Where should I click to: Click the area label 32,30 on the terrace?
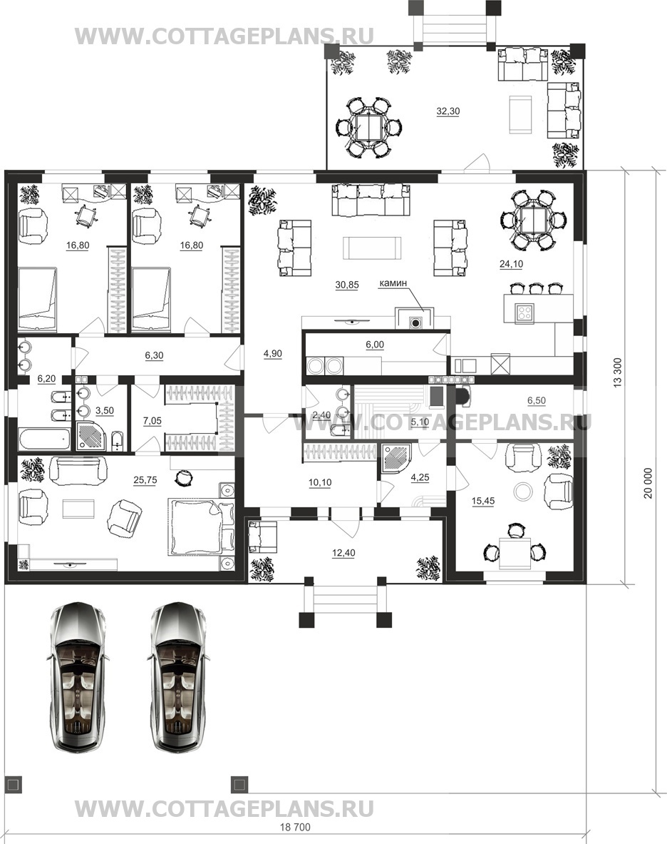(x=448, y=111)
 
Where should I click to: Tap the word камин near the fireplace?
(x=393, y=283)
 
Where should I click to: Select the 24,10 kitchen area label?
(x=511, y=264)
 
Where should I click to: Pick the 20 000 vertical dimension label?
(x=648, y=483)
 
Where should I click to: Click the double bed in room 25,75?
(x=201, y=526)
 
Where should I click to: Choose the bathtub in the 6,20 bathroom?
(x=44, y=439)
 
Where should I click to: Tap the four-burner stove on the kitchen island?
(x=524, y=313)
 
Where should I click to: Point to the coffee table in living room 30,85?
(x=373, y=248)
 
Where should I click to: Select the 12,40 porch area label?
(x=343, y=553)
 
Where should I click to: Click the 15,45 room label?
(x=482, y=501)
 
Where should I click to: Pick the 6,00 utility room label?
(x=375, y=345)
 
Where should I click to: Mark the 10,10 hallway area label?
(x=320, y=483)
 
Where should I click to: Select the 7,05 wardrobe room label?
(x=152, y=421)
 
